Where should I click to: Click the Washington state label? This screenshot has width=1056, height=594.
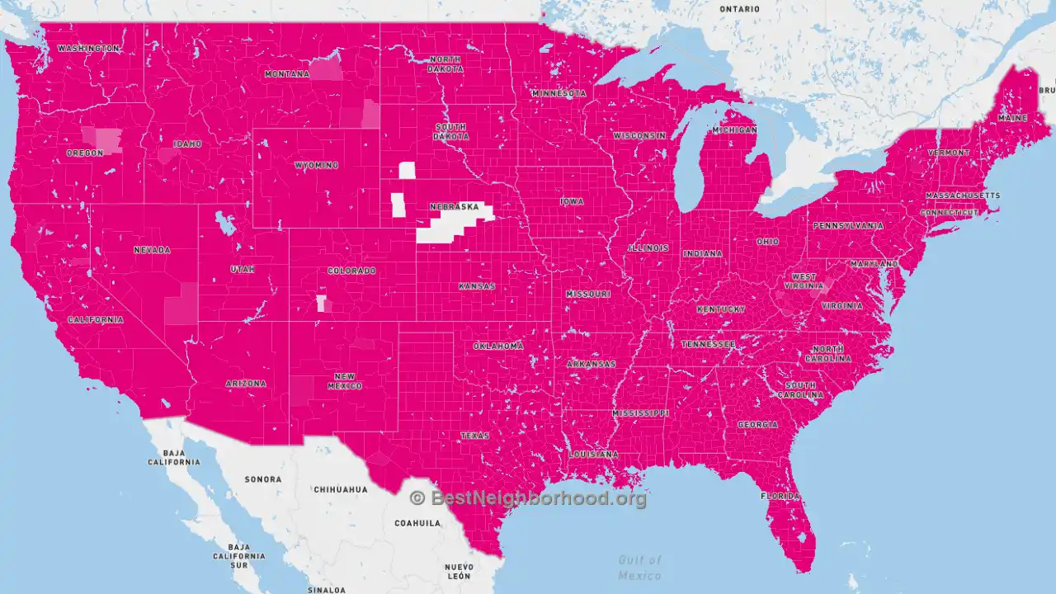coord(88,49)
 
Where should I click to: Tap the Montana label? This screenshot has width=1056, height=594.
coord(286,74)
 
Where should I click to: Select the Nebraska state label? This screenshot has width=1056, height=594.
coord(454,206)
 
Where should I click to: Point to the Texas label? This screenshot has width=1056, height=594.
coord(474,436)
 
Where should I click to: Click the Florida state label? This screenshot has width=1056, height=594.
coord(780,497)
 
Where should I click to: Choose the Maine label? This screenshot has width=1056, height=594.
coord(1012,118)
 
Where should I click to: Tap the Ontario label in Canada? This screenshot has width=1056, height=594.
coord(739,9)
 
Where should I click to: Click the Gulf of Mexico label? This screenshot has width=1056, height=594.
coord(639,568)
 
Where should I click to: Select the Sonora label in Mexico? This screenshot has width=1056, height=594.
coord(263,479)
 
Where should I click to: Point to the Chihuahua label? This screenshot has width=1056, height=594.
coord(340,489)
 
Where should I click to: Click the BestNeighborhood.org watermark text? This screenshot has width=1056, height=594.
coord(528,498)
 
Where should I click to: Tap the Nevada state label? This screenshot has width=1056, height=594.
coord(152,250)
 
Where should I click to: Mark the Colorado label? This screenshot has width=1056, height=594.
coord(351,271)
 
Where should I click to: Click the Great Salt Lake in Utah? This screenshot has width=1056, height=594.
coord(221,224)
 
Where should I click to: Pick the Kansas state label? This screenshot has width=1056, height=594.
coord(477,286)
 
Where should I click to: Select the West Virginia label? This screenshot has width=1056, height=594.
coord(804,281)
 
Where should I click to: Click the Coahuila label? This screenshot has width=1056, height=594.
coord(417,523)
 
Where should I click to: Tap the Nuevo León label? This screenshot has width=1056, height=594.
coord(459,572)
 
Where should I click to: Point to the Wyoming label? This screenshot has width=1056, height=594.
coord(316,165)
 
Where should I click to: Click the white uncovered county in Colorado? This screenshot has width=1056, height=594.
coord(320,303)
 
